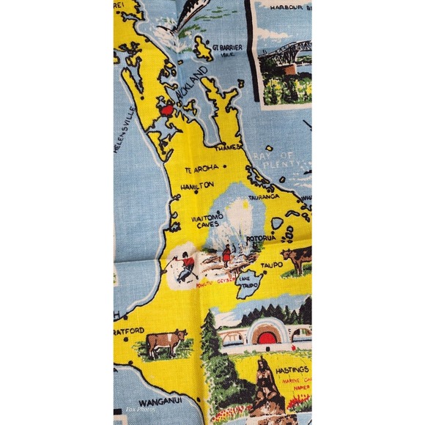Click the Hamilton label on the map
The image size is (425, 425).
pos(196,185)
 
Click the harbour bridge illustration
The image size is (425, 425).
pos(282,59)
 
